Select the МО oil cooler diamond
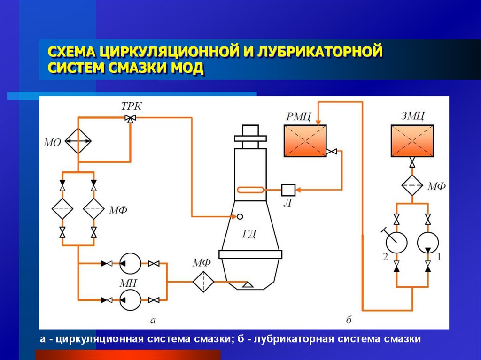[x=78, y=140]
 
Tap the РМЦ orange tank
[x=304, y=140]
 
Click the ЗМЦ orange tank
[x=412, y=140]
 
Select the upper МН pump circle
[x=130, y=263]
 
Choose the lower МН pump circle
[x=130, y=299]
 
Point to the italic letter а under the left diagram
[x=152, y=321]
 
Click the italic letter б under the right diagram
[x=349, y=321]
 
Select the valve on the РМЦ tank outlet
[x=332, y=151]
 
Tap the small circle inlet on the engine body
[x=240, y=216]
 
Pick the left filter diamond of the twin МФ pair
[x=62, y=209]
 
